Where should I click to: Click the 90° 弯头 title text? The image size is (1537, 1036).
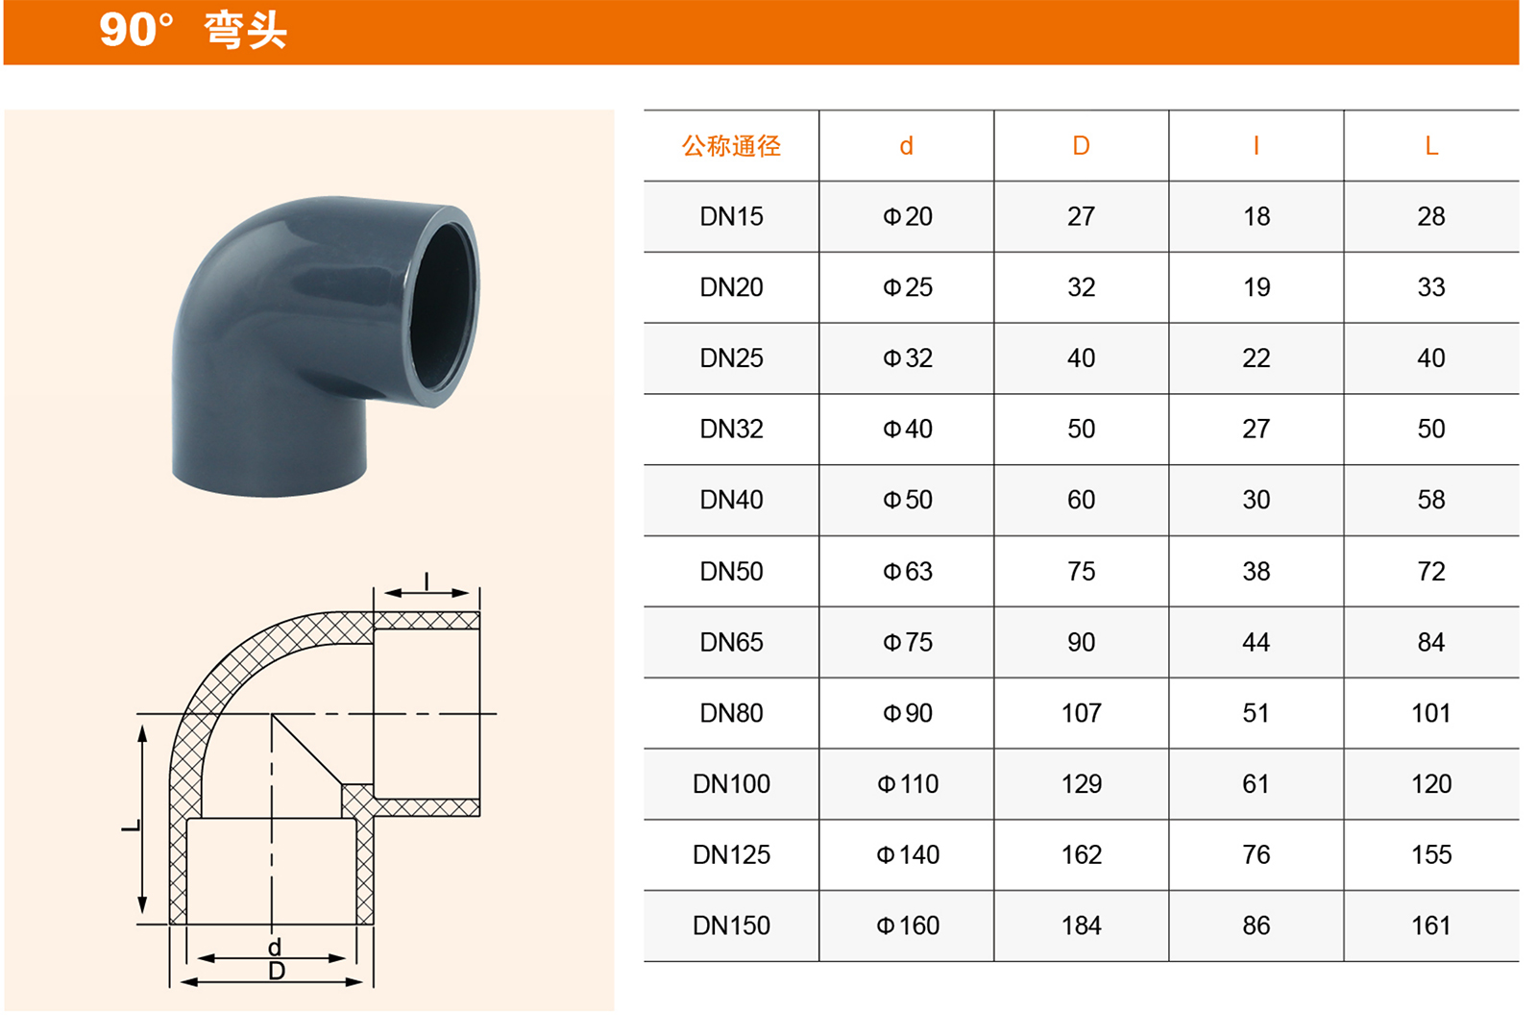pyautogui.click(x=193, y=30)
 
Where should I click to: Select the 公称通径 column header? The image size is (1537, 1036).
pyautogui.click(x=731, y=146)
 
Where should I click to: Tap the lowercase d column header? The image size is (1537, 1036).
pyautogui.click(x=907, y=146)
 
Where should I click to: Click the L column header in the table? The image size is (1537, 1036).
pyautogui.click(x=1431, y=146)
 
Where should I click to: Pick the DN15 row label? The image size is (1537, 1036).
pyautogui.click(x=731, y=217)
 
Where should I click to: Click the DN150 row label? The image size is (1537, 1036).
pyautogui.click(x=731, y=926)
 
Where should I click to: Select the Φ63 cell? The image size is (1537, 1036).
pyautogui.click(x=907, y=572)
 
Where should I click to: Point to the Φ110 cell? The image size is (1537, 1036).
pyautogui.click(x=907, y=784)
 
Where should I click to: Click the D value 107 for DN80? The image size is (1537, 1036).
pyautogui.click(x=1082, y=713)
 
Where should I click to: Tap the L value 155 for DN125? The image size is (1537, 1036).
pyautogui.click(x=1431, y=855)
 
